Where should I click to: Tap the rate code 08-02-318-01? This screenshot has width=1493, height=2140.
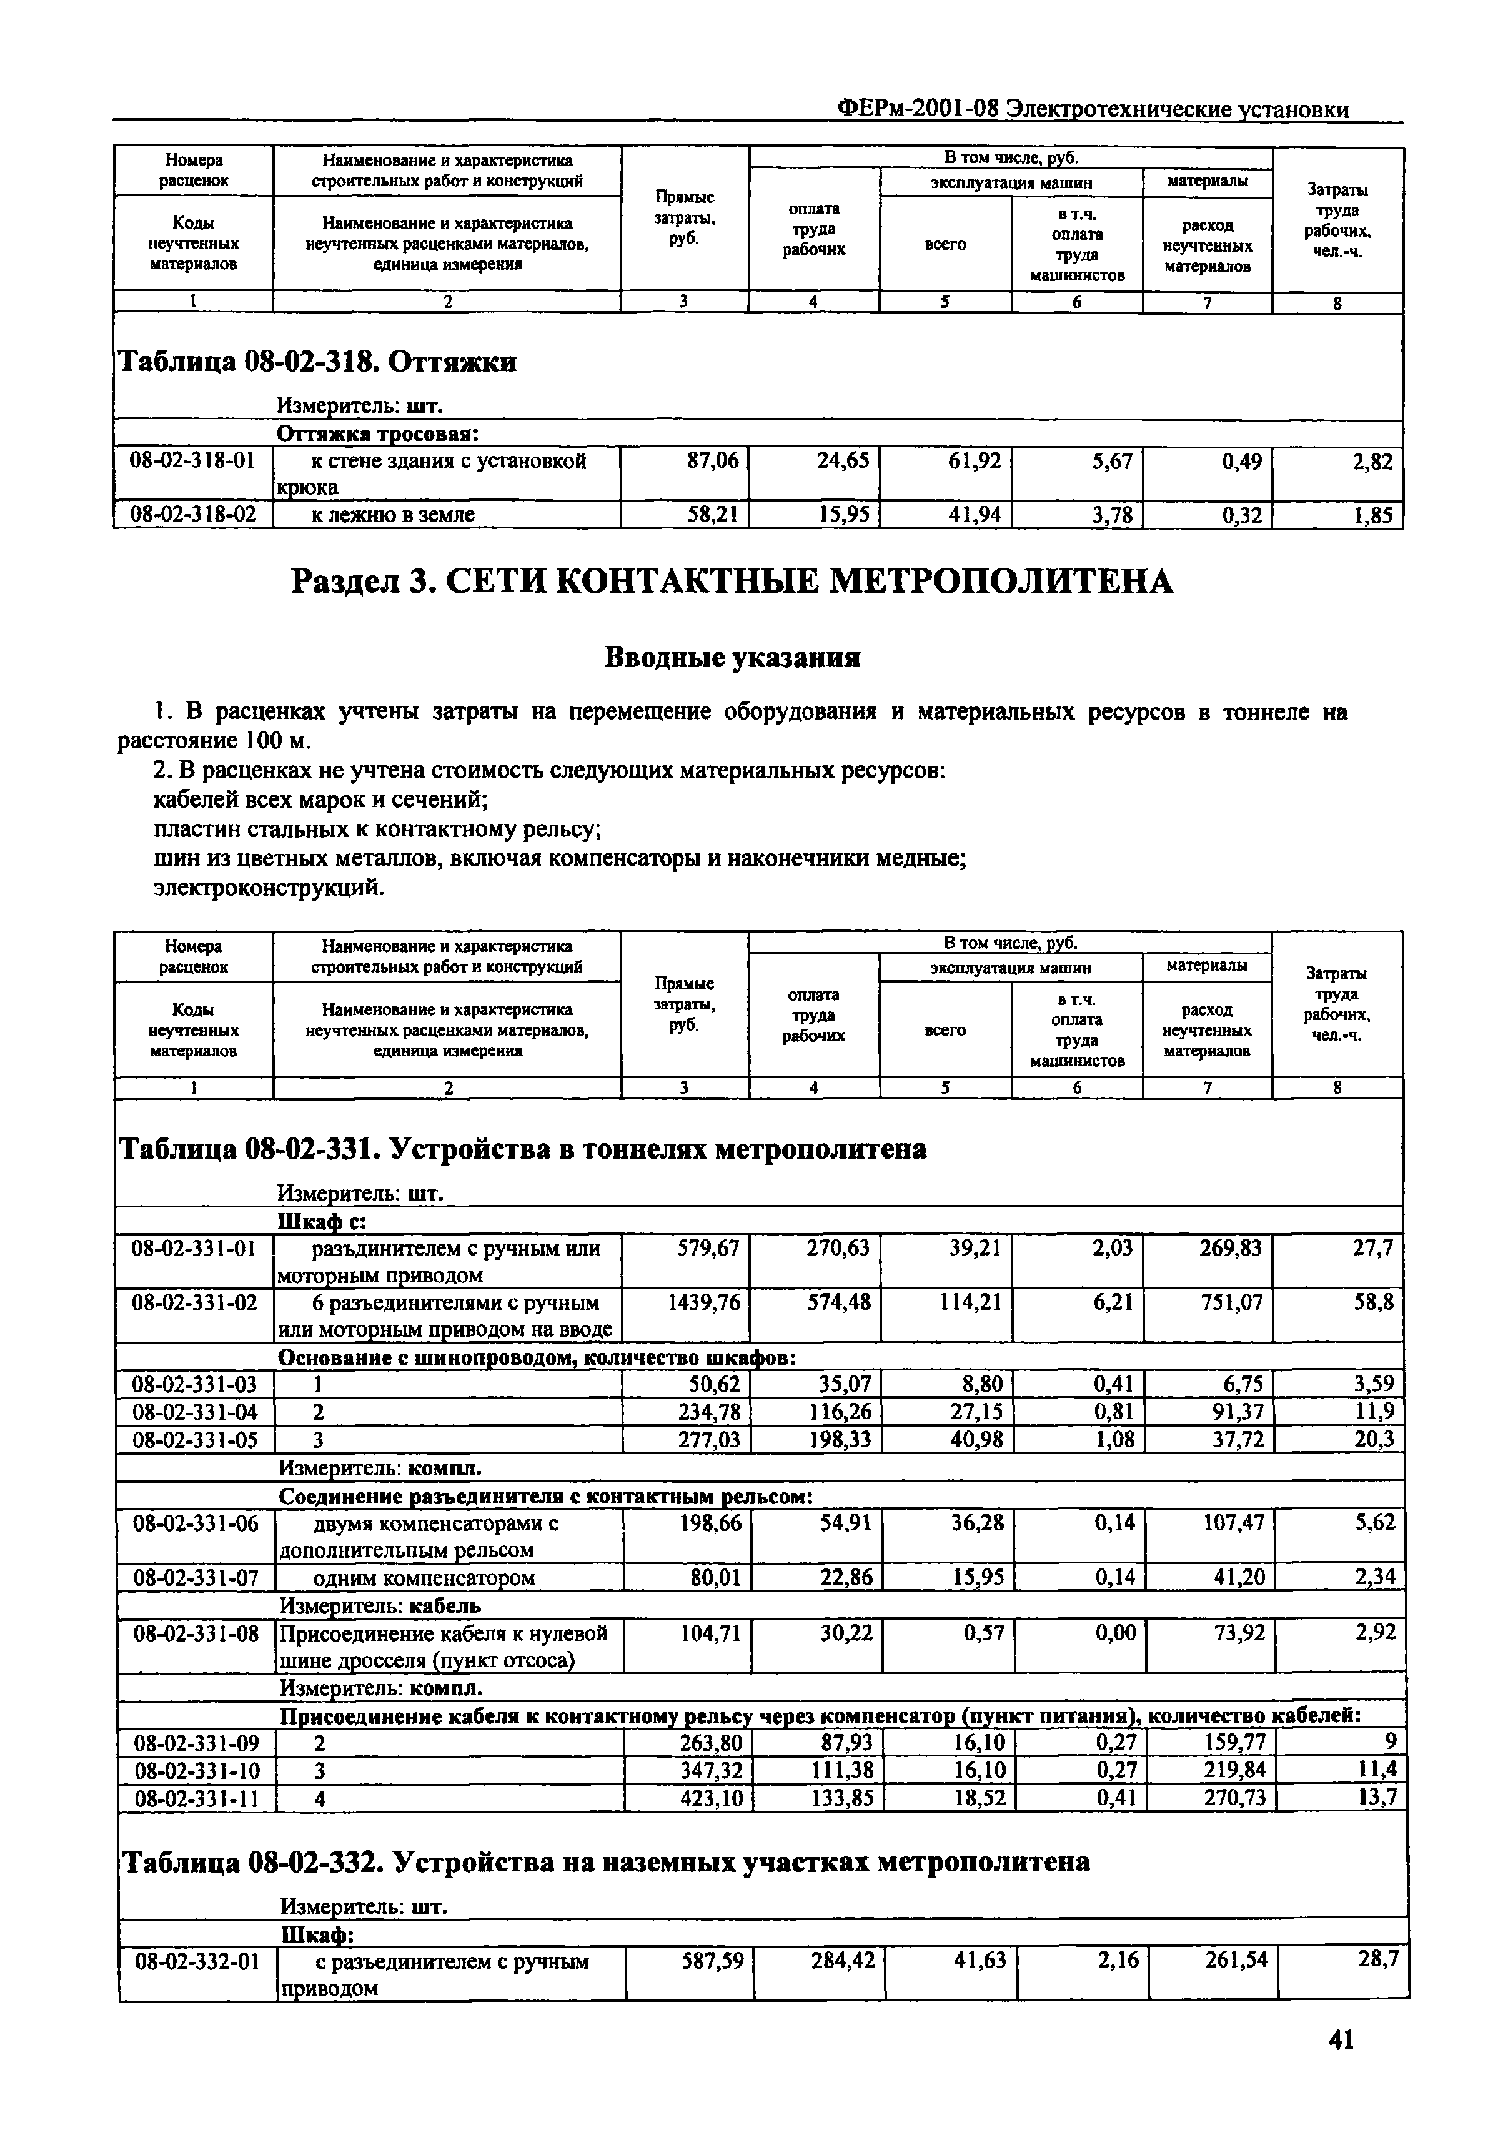pos(192,460)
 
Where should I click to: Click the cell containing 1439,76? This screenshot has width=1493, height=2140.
pos(705,1302)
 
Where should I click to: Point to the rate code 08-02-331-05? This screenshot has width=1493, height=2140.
pos(195,1439)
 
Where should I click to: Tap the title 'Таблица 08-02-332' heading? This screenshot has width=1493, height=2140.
pos(606,1861)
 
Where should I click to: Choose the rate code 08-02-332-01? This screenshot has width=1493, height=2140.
pos(197,1961)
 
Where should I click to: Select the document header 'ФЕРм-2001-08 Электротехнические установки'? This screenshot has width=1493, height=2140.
pos(1092,109)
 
